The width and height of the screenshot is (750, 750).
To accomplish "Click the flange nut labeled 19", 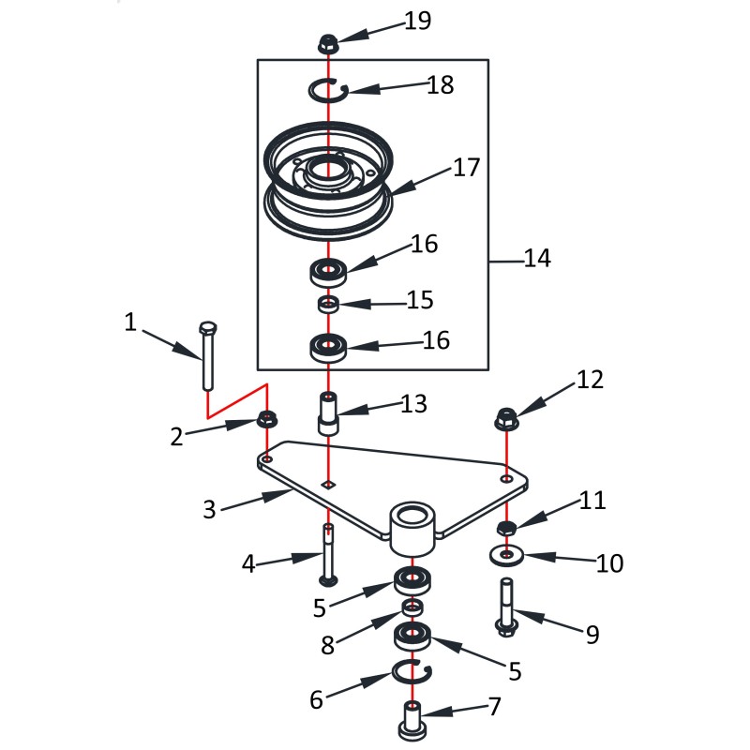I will point(328,42).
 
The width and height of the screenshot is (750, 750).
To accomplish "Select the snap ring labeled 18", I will point(329,89).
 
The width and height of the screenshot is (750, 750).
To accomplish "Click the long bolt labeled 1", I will point(208,356).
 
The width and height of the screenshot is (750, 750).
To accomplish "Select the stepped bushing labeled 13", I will point(328,413).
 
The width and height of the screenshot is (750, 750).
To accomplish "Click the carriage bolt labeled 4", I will point(327,553).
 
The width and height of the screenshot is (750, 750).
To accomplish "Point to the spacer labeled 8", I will point(412,608).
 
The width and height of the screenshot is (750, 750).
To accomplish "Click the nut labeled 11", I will point(506,529).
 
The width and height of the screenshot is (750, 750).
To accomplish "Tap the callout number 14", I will point(537,259).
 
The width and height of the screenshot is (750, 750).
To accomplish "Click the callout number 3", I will point(209,510).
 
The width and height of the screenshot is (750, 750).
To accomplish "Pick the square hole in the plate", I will point(327,484).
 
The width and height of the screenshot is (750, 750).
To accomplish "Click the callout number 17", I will point(466,168).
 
